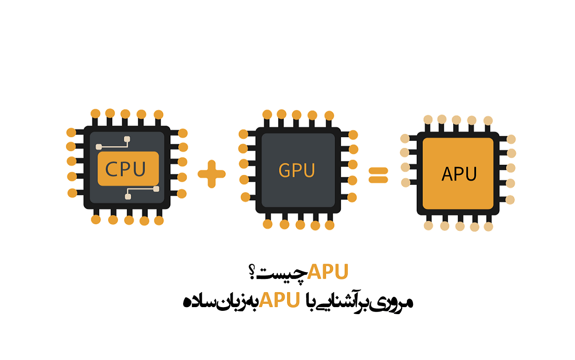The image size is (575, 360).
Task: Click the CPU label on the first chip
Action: [125, 169]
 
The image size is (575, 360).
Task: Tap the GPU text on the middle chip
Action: [297, 170]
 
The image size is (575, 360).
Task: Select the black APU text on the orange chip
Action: [459, 174]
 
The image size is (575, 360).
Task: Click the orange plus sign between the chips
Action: [212, 174]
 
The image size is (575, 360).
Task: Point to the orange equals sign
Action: [378, 174]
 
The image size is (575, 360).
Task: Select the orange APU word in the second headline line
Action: [280, 300]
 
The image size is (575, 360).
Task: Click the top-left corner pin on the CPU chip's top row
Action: [96, 113]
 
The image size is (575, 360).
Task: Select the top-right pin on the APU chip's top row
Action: [488, 120]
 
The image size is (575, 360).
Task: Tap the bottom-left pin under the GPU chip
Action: [268, 224]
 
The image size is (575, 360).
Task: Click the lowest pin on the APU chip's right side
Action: [510, 200]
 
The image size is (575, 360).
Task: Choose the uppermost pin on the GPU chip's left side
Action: [243, 134]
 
